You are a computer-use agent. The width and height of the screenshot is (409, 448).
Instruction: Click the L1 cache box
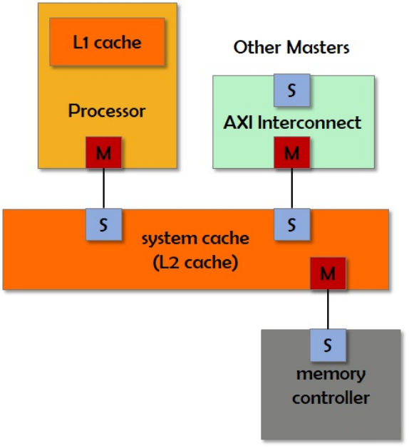[107, 41]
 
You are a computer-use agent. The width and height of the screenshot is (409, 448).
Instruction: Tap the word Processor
[107, 111]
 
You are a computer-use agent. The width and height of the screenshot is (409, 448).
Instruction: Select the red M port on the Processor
[103, 152]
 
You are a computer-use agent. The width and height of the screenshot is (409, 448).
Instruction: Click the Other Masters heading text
[291, 48]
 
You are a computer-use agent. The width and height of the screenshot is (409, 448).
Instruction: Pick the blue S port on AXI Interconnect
[291, 90]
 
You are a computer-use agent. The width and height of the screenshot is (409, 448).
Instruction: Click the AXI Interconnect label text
[292, 122]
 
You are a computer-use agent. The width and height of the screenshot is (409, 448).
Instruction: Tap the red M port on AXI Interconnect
[291, 152]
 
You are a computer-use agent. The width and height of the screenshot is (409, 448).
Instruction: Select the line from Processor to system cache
[103, 188]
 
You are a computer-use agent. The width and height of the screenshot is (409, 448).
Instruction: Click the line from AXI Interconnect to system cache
[291, 188]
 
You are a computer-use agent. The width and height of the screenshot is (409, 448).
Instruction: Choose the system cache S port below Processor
[103, 224]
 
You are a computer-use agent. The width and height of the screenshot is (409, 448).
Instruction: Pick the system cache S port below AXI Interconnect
[291, 224]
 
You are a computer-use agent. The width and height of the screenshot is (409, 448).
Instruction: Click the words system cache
[195, 238]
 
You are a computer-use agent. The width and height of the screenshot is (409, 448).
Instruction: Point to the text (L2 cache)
[195, 262]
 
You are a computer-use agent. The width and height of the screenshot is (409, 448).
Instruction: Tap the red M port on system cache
[327, 273]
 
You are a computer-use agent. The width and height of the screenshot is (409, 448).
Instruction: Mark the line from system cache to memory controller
[327, 309]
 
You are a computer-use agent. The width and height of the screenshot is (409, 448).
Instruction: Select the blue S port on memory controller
[327, 345]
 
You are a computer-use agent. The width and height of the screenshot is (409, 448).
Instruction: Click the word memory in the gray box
[329, 374]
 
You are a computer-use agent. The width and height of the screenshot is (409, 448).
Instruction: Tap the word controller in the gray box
[331, 397]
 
